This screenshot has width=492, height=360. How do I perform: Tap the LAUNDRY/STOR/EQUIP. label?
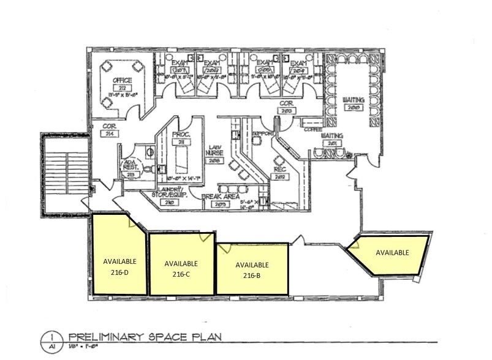click(168, 195)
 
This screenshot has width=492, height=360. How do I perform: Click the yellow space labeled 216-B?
click(252, 269)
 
